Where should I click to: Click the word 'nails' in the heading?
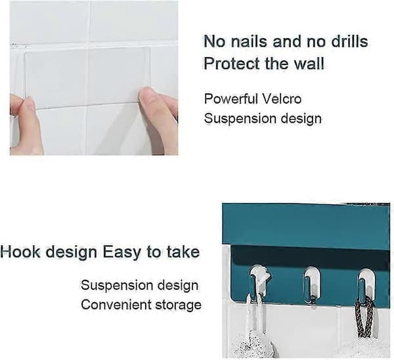pyautogui.click(x=250, y=41)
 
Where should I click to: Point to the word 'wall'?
pyautogui.click(x=309, y=63)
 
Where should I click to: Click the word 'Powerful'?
pyautogui.click(x=231, y=99)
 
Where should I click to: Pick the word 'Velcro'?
pyautogui.click(x=282, y=99)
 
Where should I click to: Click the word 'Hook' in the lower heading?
pyautogui.click(x=20, y=252)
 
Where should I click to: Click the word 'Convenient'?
pyautogui.click(x=116, y=305)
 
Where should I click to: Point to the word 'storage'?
pyautogui.click(x=179, y=305)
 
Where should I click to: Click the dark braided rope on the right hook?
pyautogui.click(x=364, y=317)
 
